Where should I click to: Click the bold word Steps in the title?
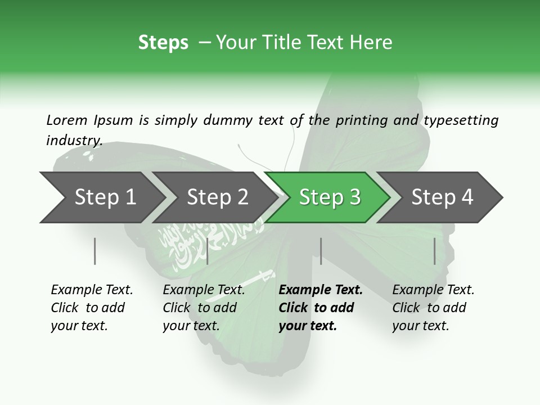[163, 43]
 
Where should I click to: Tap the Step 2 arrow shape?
[217, 197]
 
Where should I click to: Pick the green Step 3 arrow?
[329, 197]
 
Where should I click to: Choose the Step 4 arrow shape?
[442, 197]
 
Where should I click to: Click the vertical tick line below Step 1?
[94, 251]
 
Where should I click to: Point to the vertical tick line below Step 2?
[208, 251]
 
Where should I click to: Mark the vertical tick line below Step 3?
[321, 251]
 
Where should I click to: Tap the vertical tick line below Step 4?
[434, 251]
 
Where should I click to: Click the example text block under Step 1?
[92, 308]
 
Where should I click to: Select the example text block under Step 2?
[204, 308]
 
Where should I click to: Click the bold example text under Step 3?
[321, 308]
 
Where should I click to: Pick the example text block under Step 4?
[433, 308]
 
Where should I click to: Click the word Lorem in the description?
[67, 120]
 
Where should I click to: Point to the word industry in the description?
[74, 140]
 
